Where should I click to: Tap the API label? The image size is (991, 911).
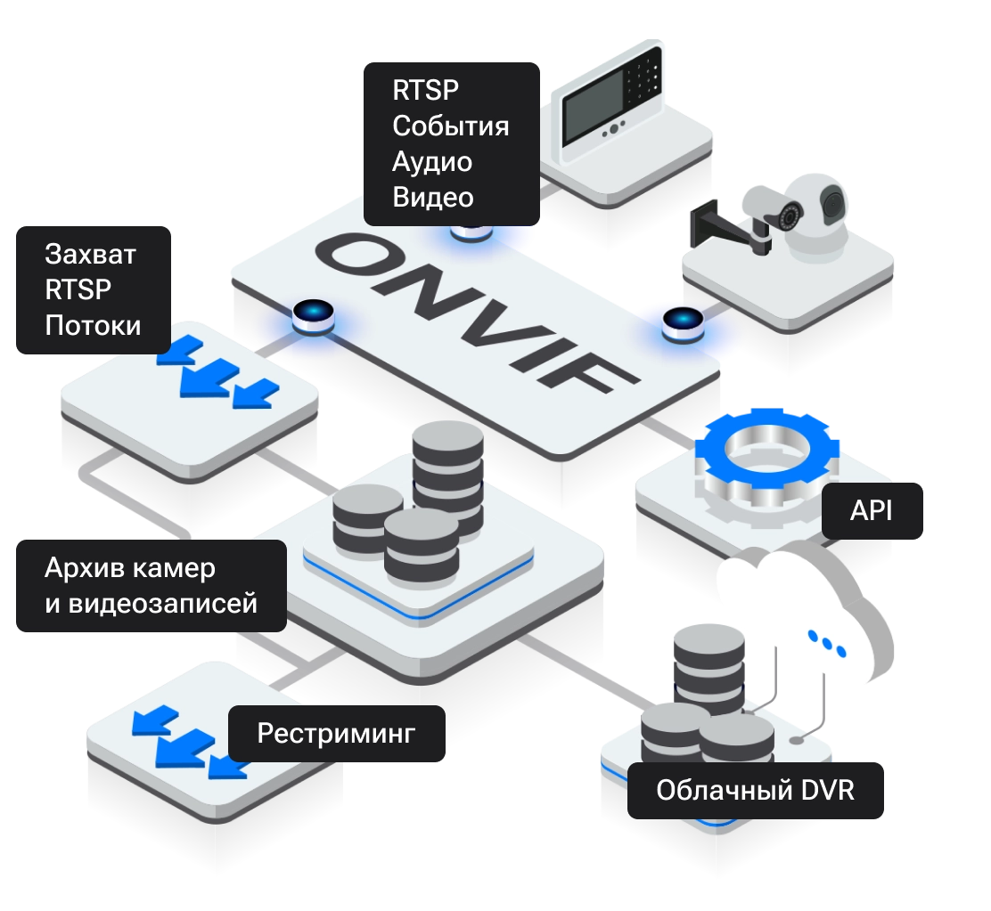[872, 511]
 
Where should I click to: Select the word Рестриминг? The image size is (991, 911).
[337, 734]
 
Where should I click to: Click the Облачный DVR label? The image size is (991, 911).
[755, 789]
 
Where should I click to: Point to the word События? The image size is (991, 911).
[451, 126]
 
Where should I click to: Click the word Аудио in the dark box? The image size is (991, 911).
[432, 161]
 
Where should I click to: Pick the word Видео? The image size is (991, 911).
[433, 197]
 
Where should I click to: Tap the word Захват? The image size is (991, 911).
[91, 255]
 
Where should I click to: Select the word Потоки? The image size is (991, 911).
[93, 325]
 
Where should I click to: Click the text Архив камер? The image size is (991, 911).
[130, 567]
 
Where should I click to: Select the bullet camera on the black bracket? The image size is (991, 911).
[776, 215]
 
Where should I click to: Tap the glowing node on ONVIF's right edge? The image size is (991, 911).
[684, 323]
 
